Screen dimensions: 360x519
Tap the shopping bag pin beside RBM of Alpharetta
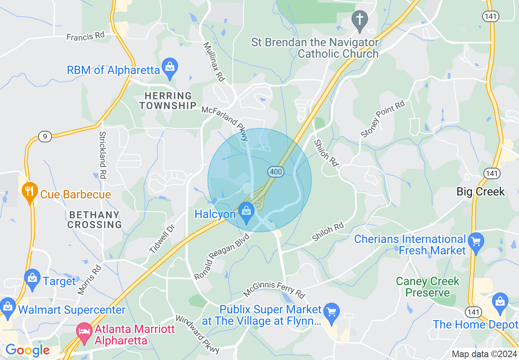169,68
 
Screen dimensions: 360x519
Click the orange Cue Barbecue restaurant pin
29,192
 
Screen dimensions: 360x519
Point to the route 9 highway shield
45,137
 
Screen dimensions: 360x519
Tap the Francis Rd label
86,36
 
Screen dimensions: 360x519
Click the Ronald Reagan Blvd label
221,256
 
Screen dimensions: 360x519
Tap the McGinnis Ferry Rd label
274,289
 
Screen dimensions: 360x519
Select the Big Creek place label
481,191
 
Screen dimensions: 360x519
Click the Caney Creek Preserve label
428,287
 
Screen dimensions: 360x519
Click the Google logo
27,350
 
